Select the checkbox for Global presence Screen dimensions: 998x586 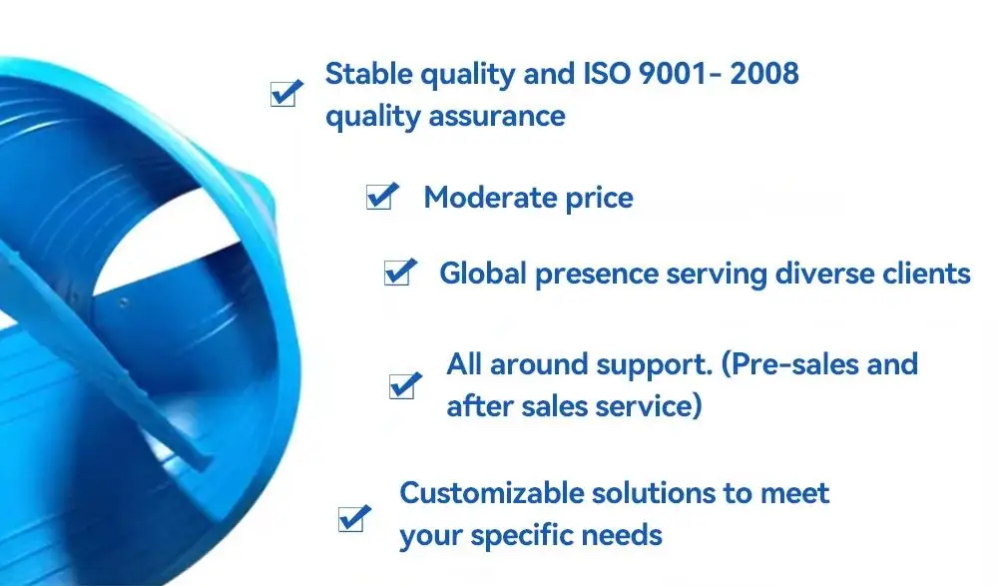(400, 272)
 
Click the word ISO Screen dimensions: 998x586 (607, 73)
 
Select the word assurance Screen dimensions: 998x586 (496, 117)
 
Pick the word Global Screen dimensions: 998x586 (483, 274)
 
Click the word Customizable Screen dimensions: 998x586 (491, 493)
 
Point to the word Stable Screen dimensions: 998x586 (369, 73)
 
